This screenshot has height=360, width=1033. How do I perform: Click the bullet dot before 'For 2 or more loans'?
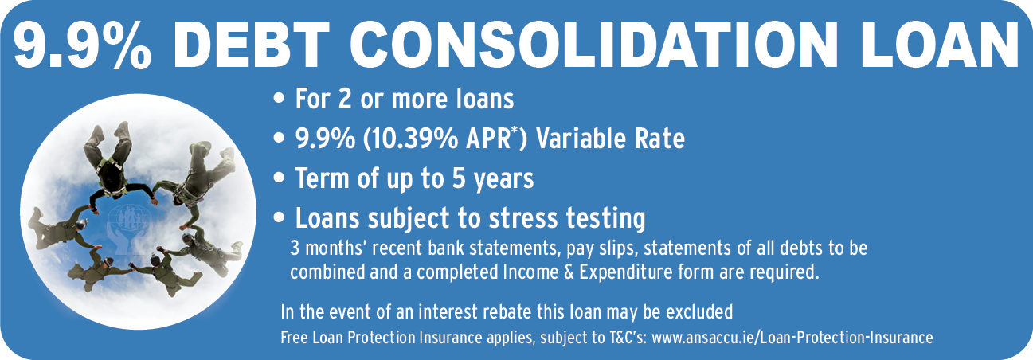coord(279,99)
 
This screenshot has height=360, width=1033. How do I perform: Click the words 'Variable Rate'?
coord(610,139)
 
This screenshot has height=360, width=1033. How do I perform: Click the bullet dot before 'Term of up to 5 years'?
coord(279,178)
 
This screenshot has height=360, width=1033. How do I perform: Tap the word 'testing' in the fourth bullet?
coord(605,219)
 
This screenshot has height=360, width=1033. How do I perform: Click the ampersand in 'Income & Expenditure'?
coord(569,272)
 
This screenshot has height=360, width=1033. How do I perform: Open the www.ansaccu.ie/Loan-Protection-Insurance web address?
coord(792,338)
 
